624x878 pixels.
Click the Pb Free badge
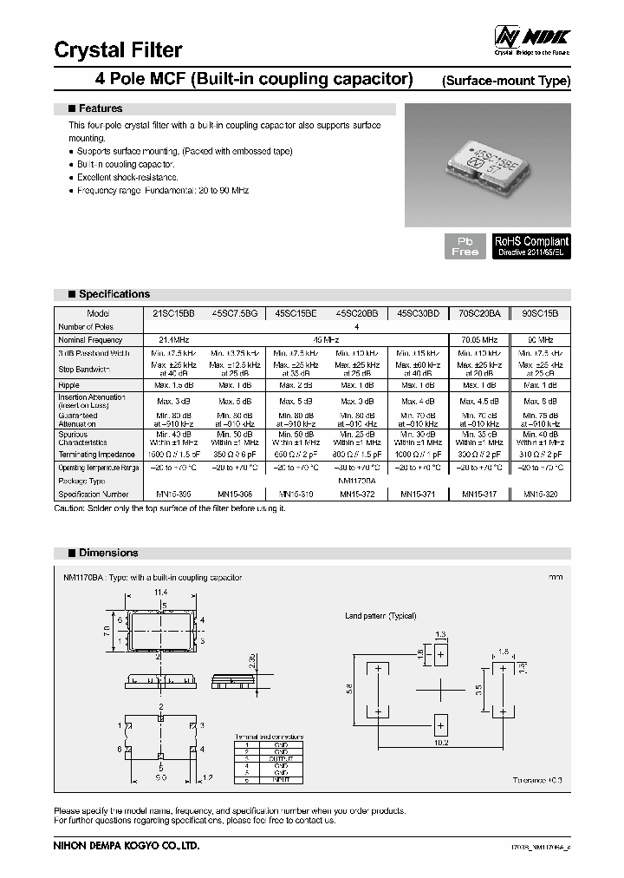[465, 246]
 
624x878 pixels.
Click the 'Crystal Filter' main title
[118, 50]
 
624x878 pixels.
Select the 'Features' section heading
[100, 108]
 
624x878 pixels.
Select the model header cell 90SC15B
[541, 313]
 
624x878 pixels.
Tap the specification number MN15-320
[541, 494]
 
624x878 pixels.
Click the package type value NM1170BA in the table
[355, 480]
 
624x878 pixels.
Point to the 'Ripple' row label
[69, 384]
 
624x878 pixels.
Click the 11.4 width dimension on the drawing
[160, 593]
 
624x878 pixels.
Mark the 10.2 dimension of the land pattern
[441, 742]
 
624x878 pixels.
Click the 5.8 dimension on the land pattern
[349, 687]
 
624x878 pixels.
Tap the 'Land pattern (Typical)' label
[380, 616]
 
